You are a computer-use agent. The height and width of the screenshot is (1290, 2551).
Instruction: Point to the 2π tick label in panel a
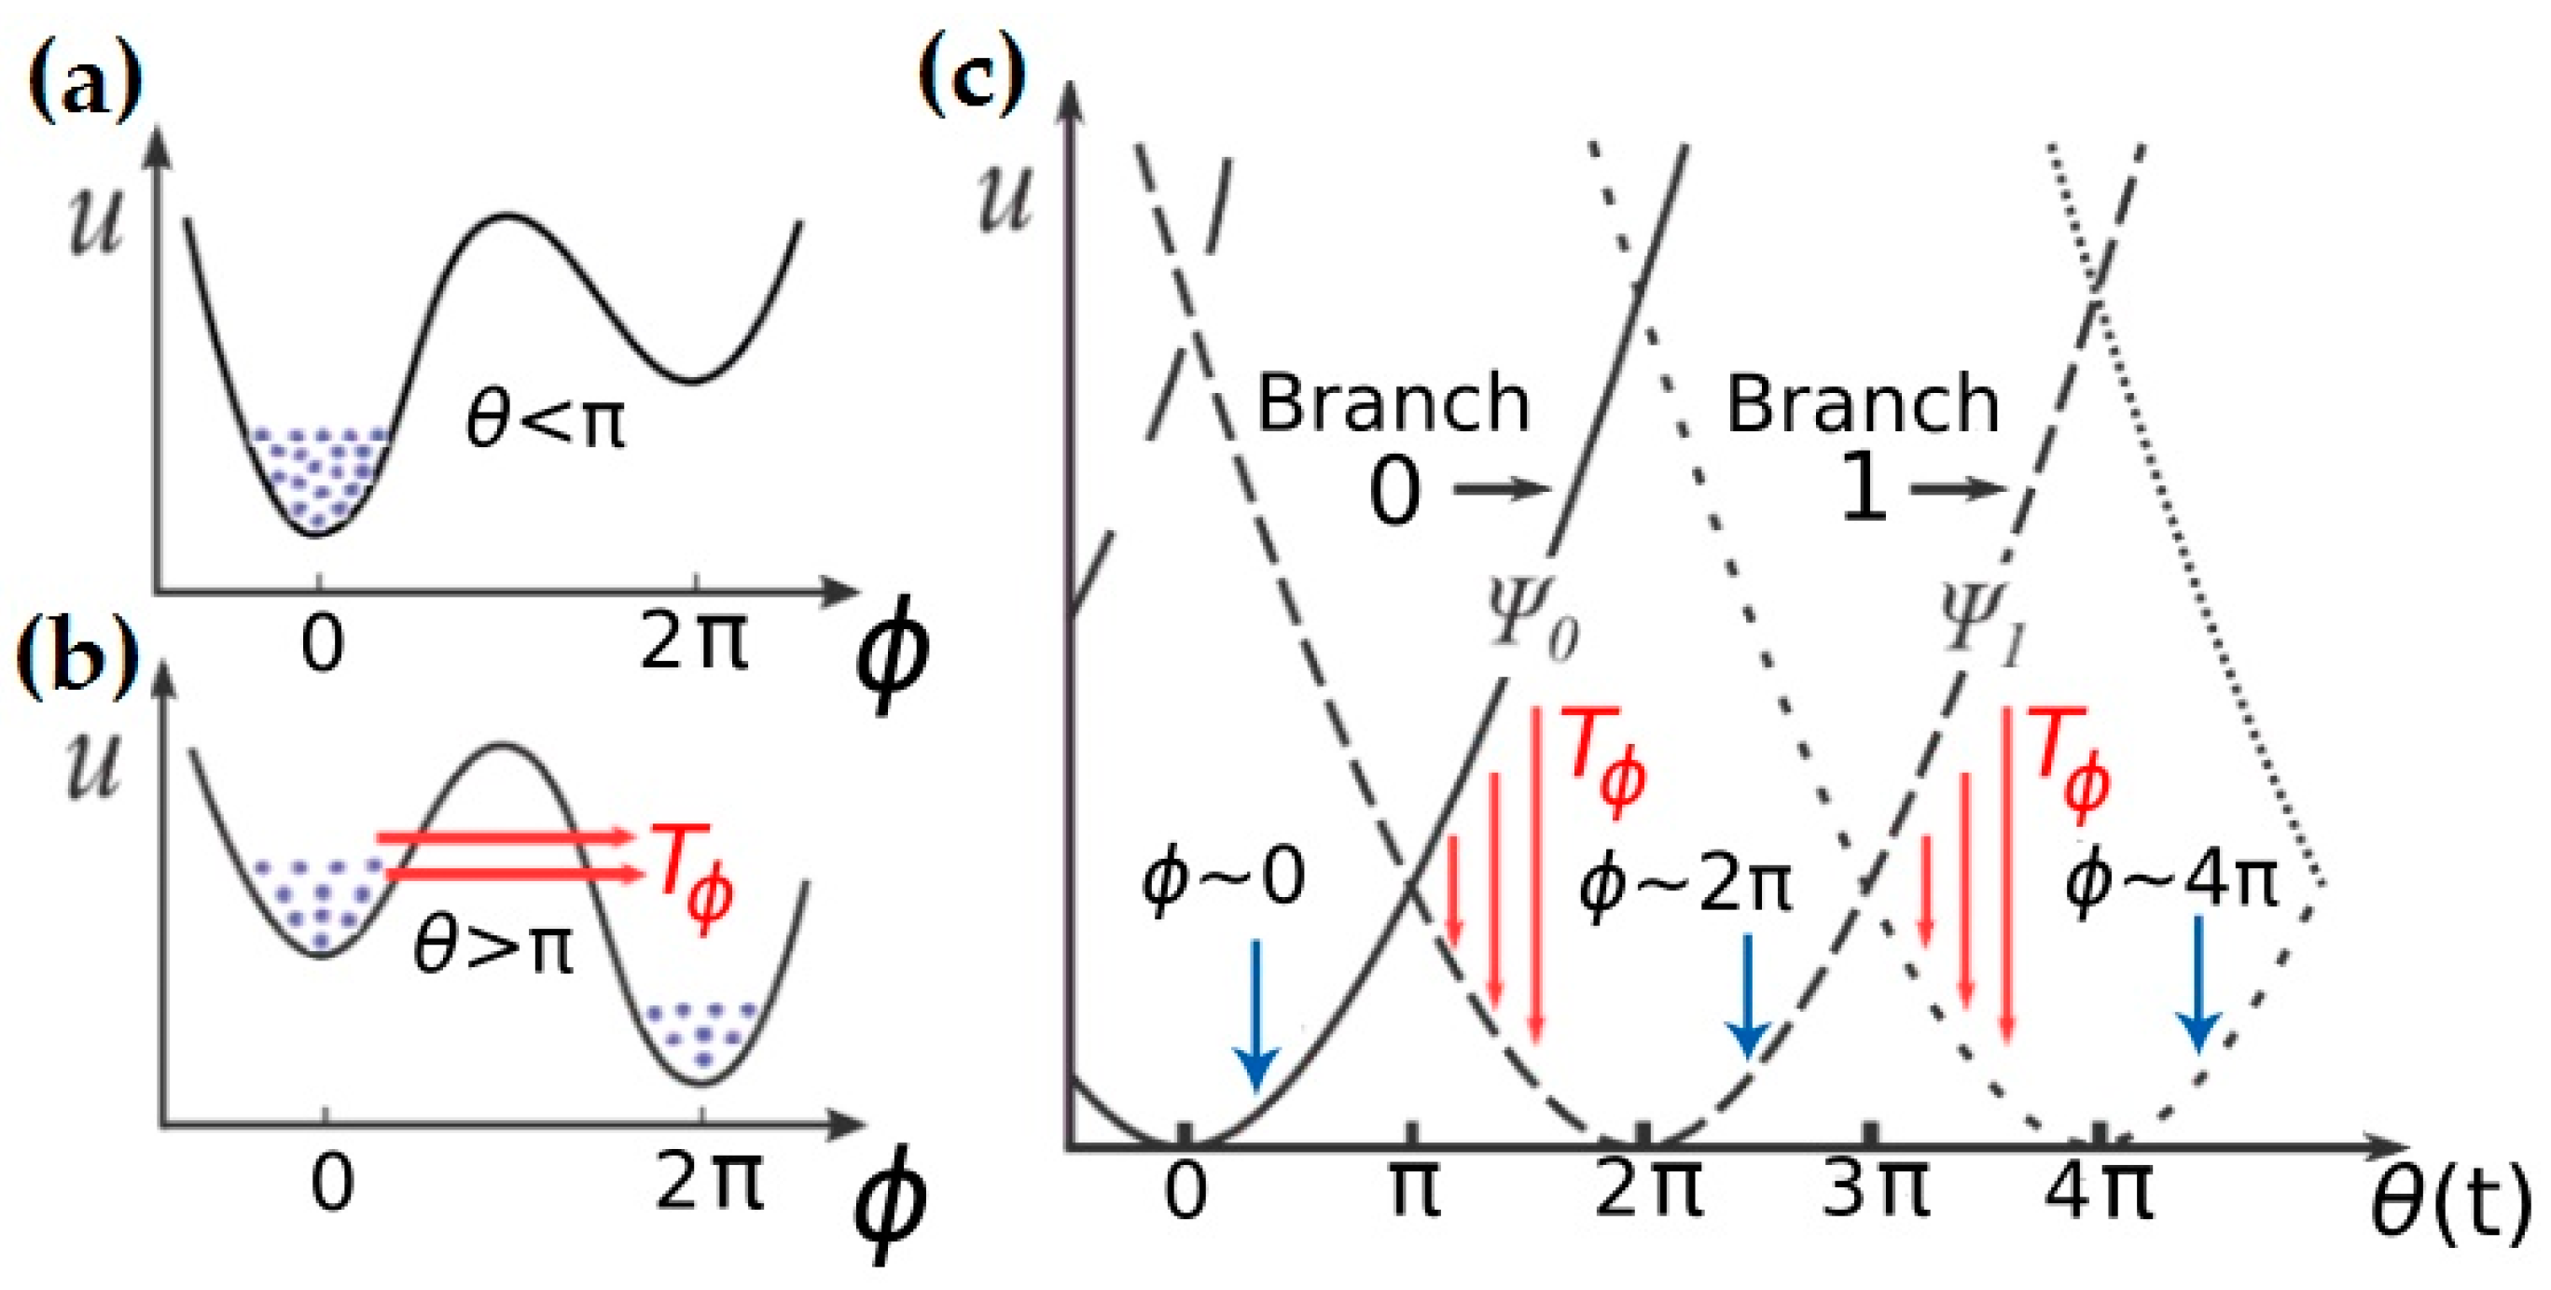pyautogui.click(x=694, y=642)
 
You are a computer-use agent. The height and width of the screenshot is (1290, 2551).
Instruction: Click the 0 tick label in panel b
pyautogui.click(x=332, y=1184)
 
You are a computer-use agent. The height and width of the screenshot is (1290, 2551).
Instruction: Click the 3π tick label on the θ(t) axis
pyautogui.click(x=1875, y=1188)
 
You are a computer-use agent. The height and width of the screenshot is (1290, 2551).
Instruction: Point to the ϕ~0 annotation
pyautogui.click(x=1223, y=877)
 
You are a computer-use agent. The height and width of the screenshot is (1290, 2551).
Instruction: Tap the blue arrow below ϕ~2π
pyautogui.click(x=1748, y=996)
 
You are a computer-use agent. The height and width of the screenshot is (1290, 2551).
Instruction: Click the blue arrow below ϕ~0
pyautogui.click(x=1256, y=1016)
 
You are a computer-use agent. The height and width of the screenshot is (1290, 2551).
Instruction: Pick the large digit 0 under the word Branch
pyautogui.click(x=1394, y=493)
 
